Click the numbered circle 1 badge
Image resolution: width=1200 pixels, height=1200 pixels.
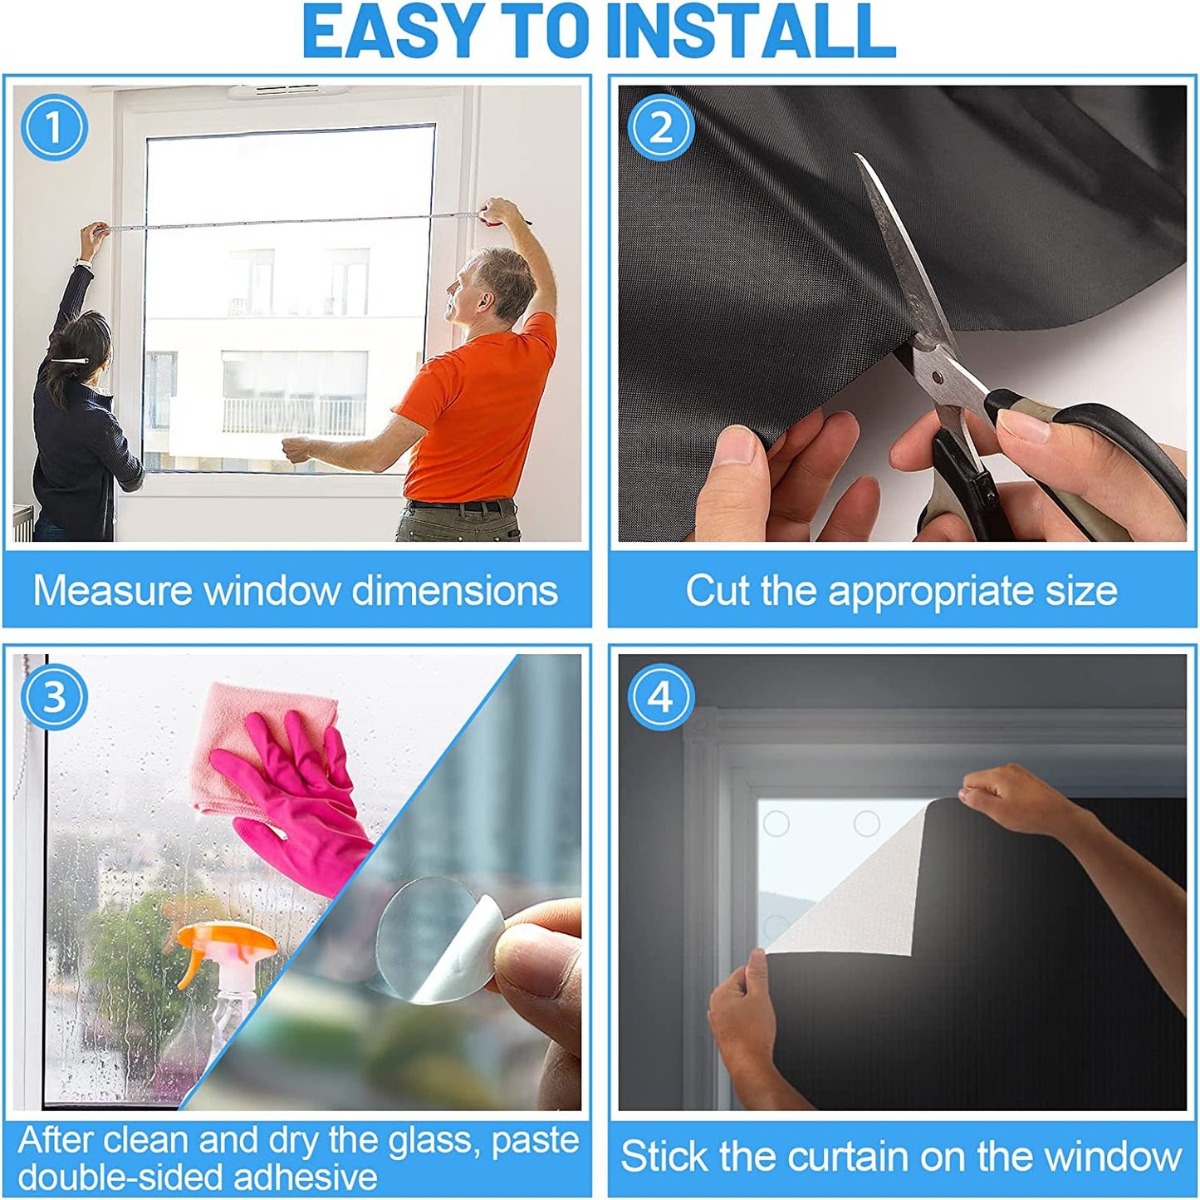(x=54, y=127)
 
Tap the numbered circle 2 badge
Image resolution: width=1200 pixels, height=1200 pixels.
(x=660, y=127)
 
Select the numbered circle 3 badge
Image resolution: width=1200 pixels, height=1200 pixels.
(x=54, y=696)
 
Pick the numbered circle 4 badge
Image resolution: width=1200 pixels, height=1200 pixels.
(x=660, y=696)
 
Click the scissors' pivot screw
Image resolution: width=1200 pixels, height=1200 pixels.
(x=937, y=376)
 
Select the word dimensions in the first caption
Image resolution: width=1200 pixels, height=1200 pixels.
(x=454, y=591)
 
